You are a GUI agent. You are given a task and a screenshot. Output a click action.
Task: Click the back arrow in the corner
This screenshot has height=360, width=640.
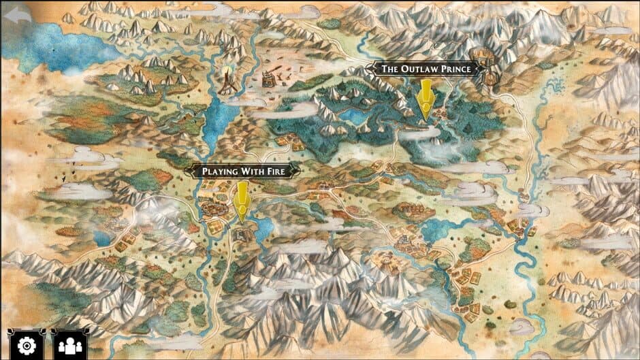[17, 14]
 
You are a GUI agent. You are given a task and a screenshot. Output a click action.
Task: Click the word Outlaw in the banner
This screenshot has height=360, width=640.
[419, 69]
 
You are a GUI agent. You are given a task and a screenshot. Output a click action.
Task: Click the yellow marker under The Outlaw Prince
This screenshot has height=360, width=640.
[426, 101]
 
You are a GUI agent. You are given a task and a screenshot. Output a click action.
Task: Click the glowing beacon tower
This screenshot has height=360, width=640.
[226, 82]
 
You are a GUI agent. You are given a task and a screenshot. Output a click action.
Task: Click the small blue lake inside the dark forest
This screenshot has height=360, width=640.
[354, 116]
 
